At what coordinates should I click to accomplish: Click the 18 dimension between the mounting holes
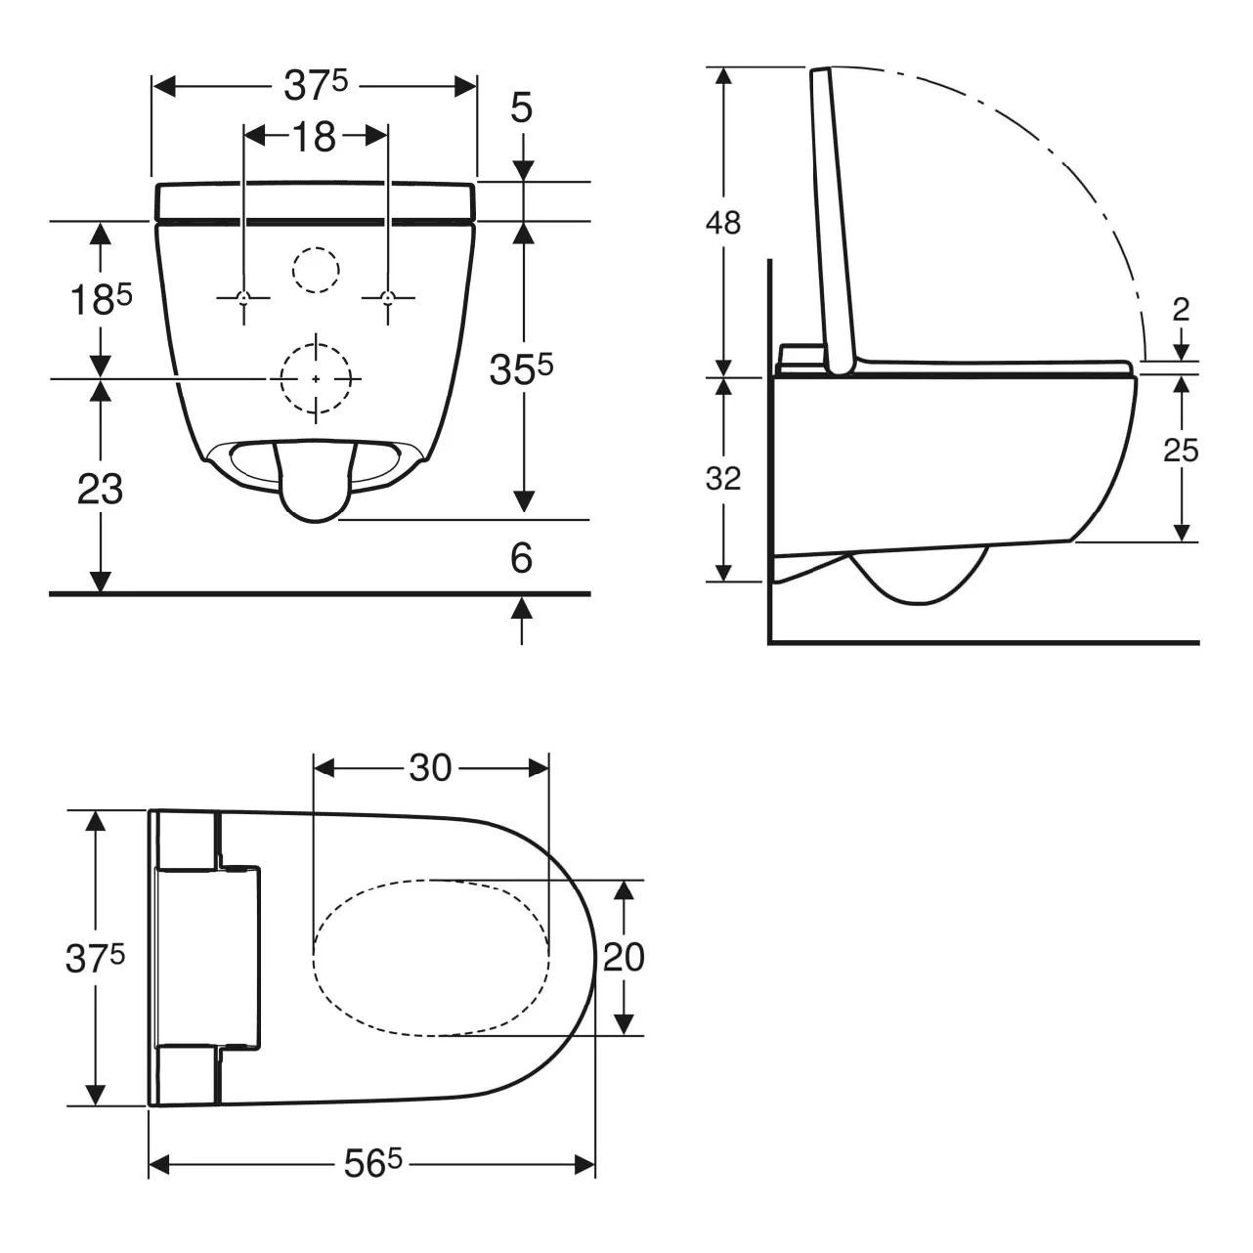(315, 137)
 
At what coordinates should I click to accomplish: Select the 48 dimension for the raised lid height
(723, 223)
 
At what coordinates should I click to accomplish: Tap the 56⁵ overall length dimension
(372, 1163)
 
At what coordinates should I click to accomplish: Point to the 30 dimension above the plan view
(430, 768)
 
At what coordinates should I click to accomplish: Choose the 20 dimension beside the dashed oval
(624, 957)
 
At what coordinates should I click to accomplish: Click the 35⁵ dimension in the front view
(522, 368)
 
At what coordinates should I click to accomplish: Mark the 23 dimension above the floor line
(100, 489)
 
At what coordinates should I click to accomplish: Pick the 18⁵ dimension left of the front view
(100, 299)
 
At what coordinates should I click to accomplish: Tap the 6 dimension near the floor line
(522, 558)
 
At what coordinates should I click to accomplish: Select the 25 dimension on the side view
(1181, 451)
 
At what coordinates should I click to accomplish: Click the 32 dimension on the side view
(723, 479)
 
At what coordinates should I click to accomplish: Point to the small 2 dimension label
(1181, 310)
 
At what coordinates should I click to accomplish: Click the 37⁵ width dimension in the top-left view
(315, 86)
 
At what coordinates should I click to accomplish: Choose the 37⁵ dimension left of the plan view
(95, 959)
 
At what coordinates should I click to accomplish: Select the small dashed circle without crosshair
(316, 270)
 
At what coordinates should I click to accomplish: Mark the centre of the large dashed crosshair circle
(316, 378)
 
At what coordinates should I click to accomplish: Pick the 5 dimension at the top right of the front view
(522, 108)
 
